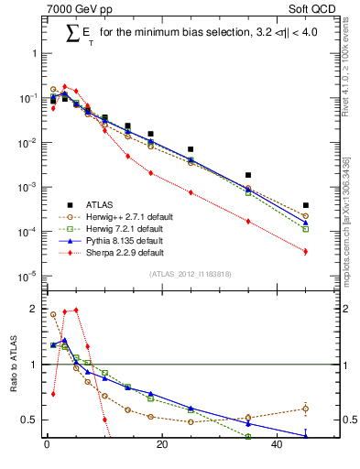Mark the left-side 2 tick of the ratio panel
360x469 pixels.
(33, 309)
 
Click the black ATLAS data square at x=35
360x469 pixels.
(248, 175)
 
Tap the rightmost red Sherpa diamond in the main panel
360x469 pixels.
(306, 251)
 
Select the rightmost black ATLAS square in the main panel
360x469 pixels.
(306, 205)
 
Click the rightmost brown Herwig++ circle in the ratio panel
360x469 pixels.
(306, 409)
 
